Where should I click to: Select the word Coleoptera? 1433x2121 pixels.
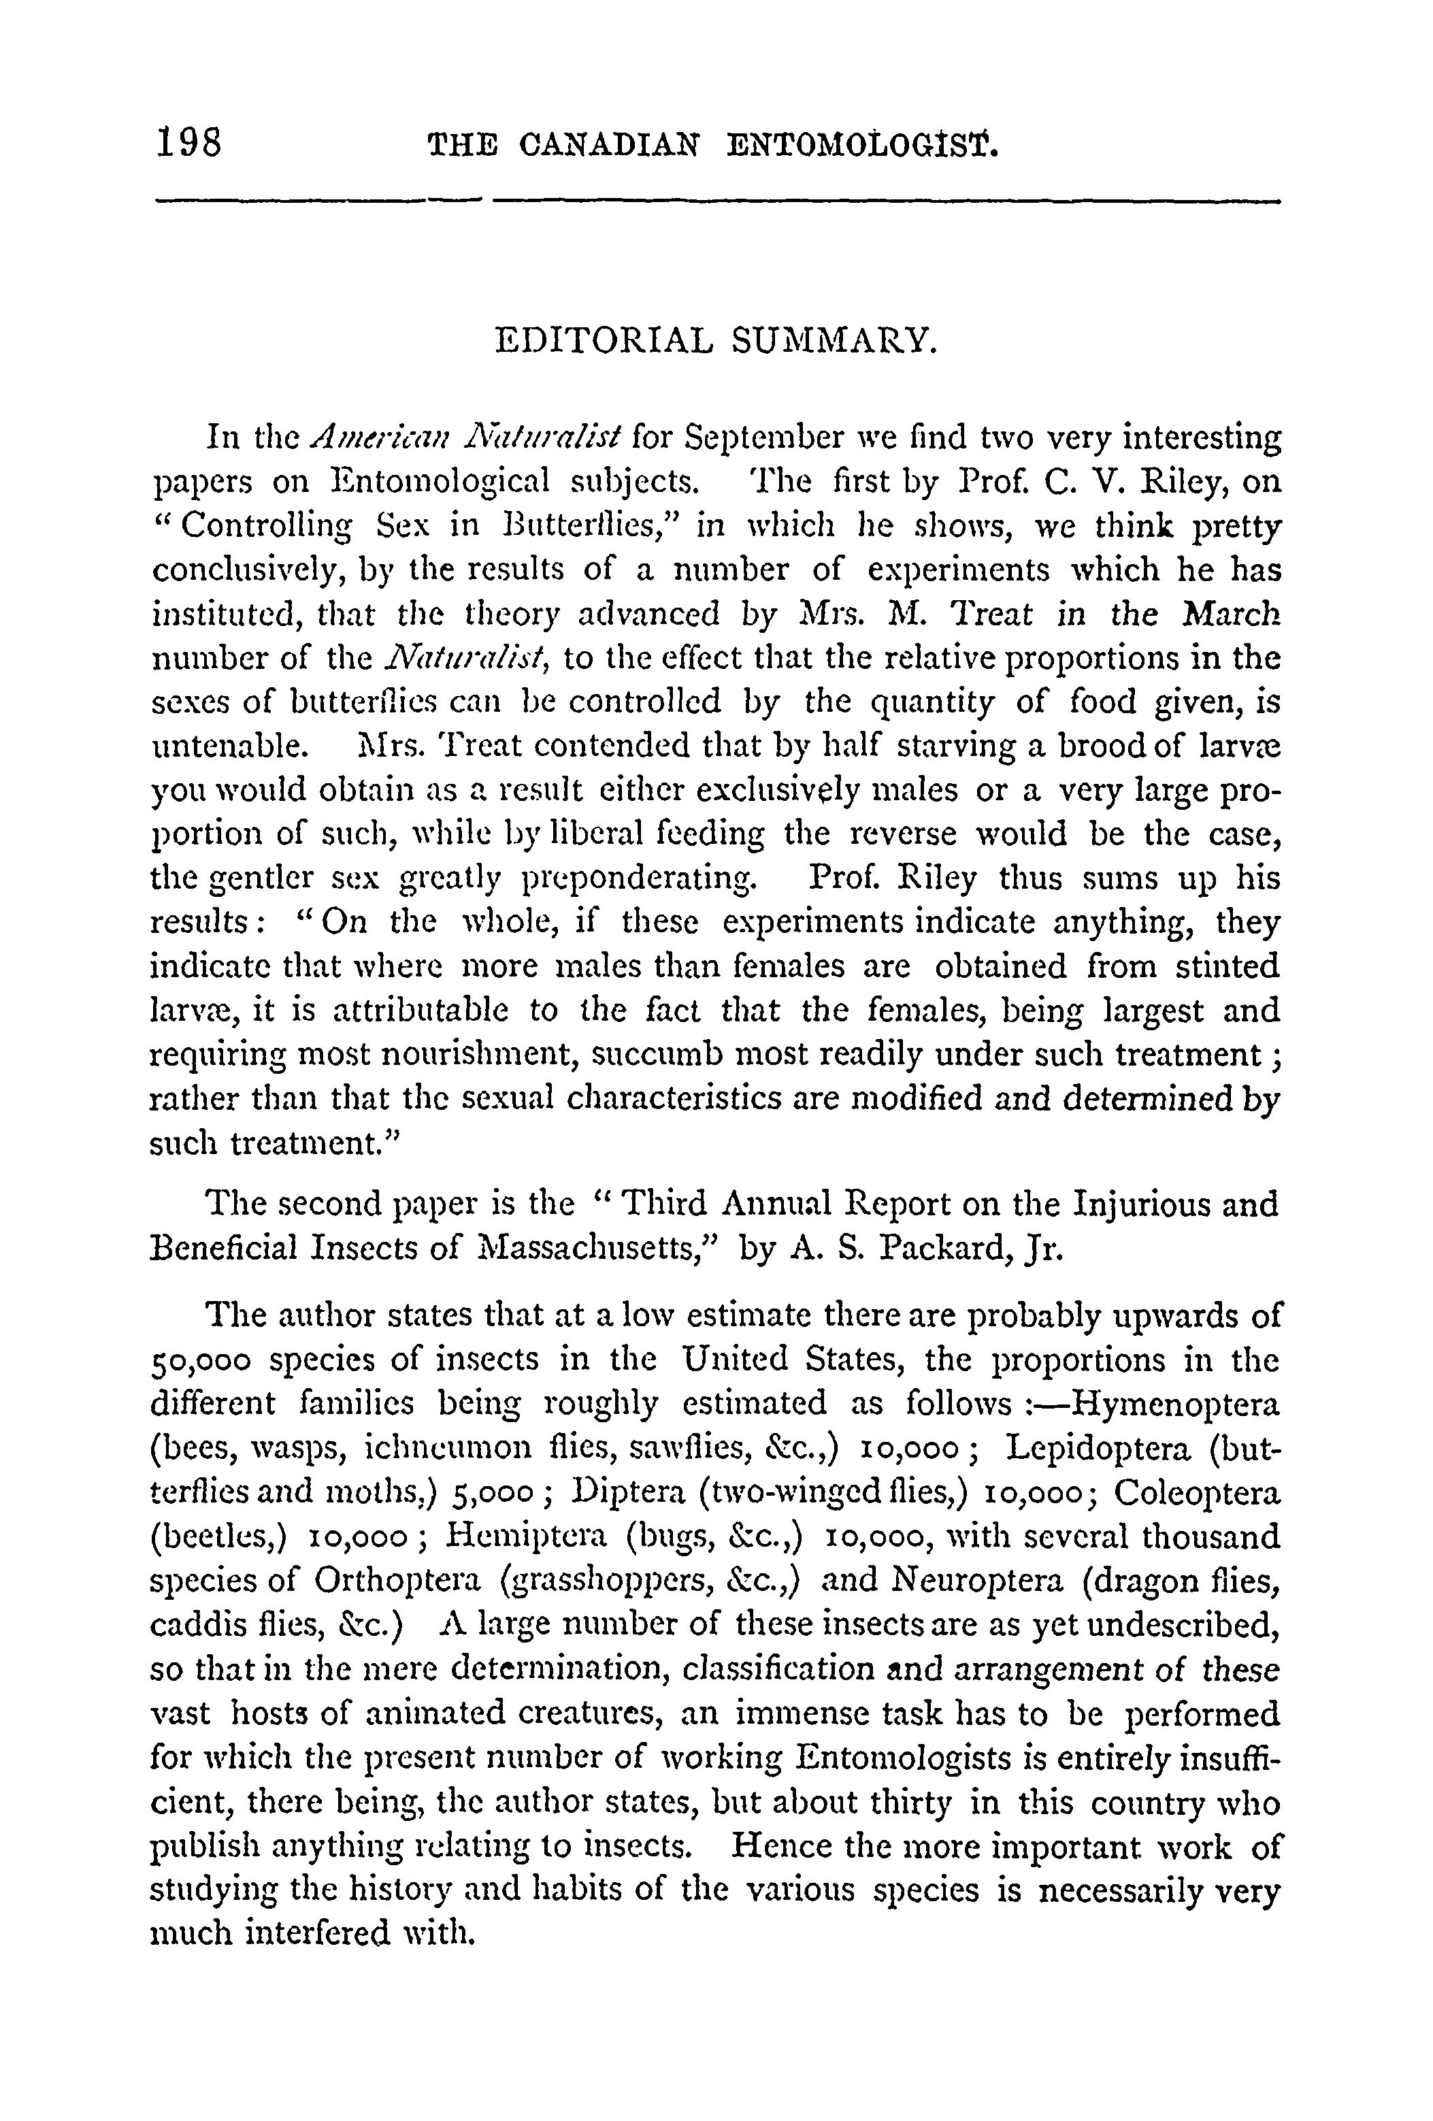coord(1198,1493)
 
